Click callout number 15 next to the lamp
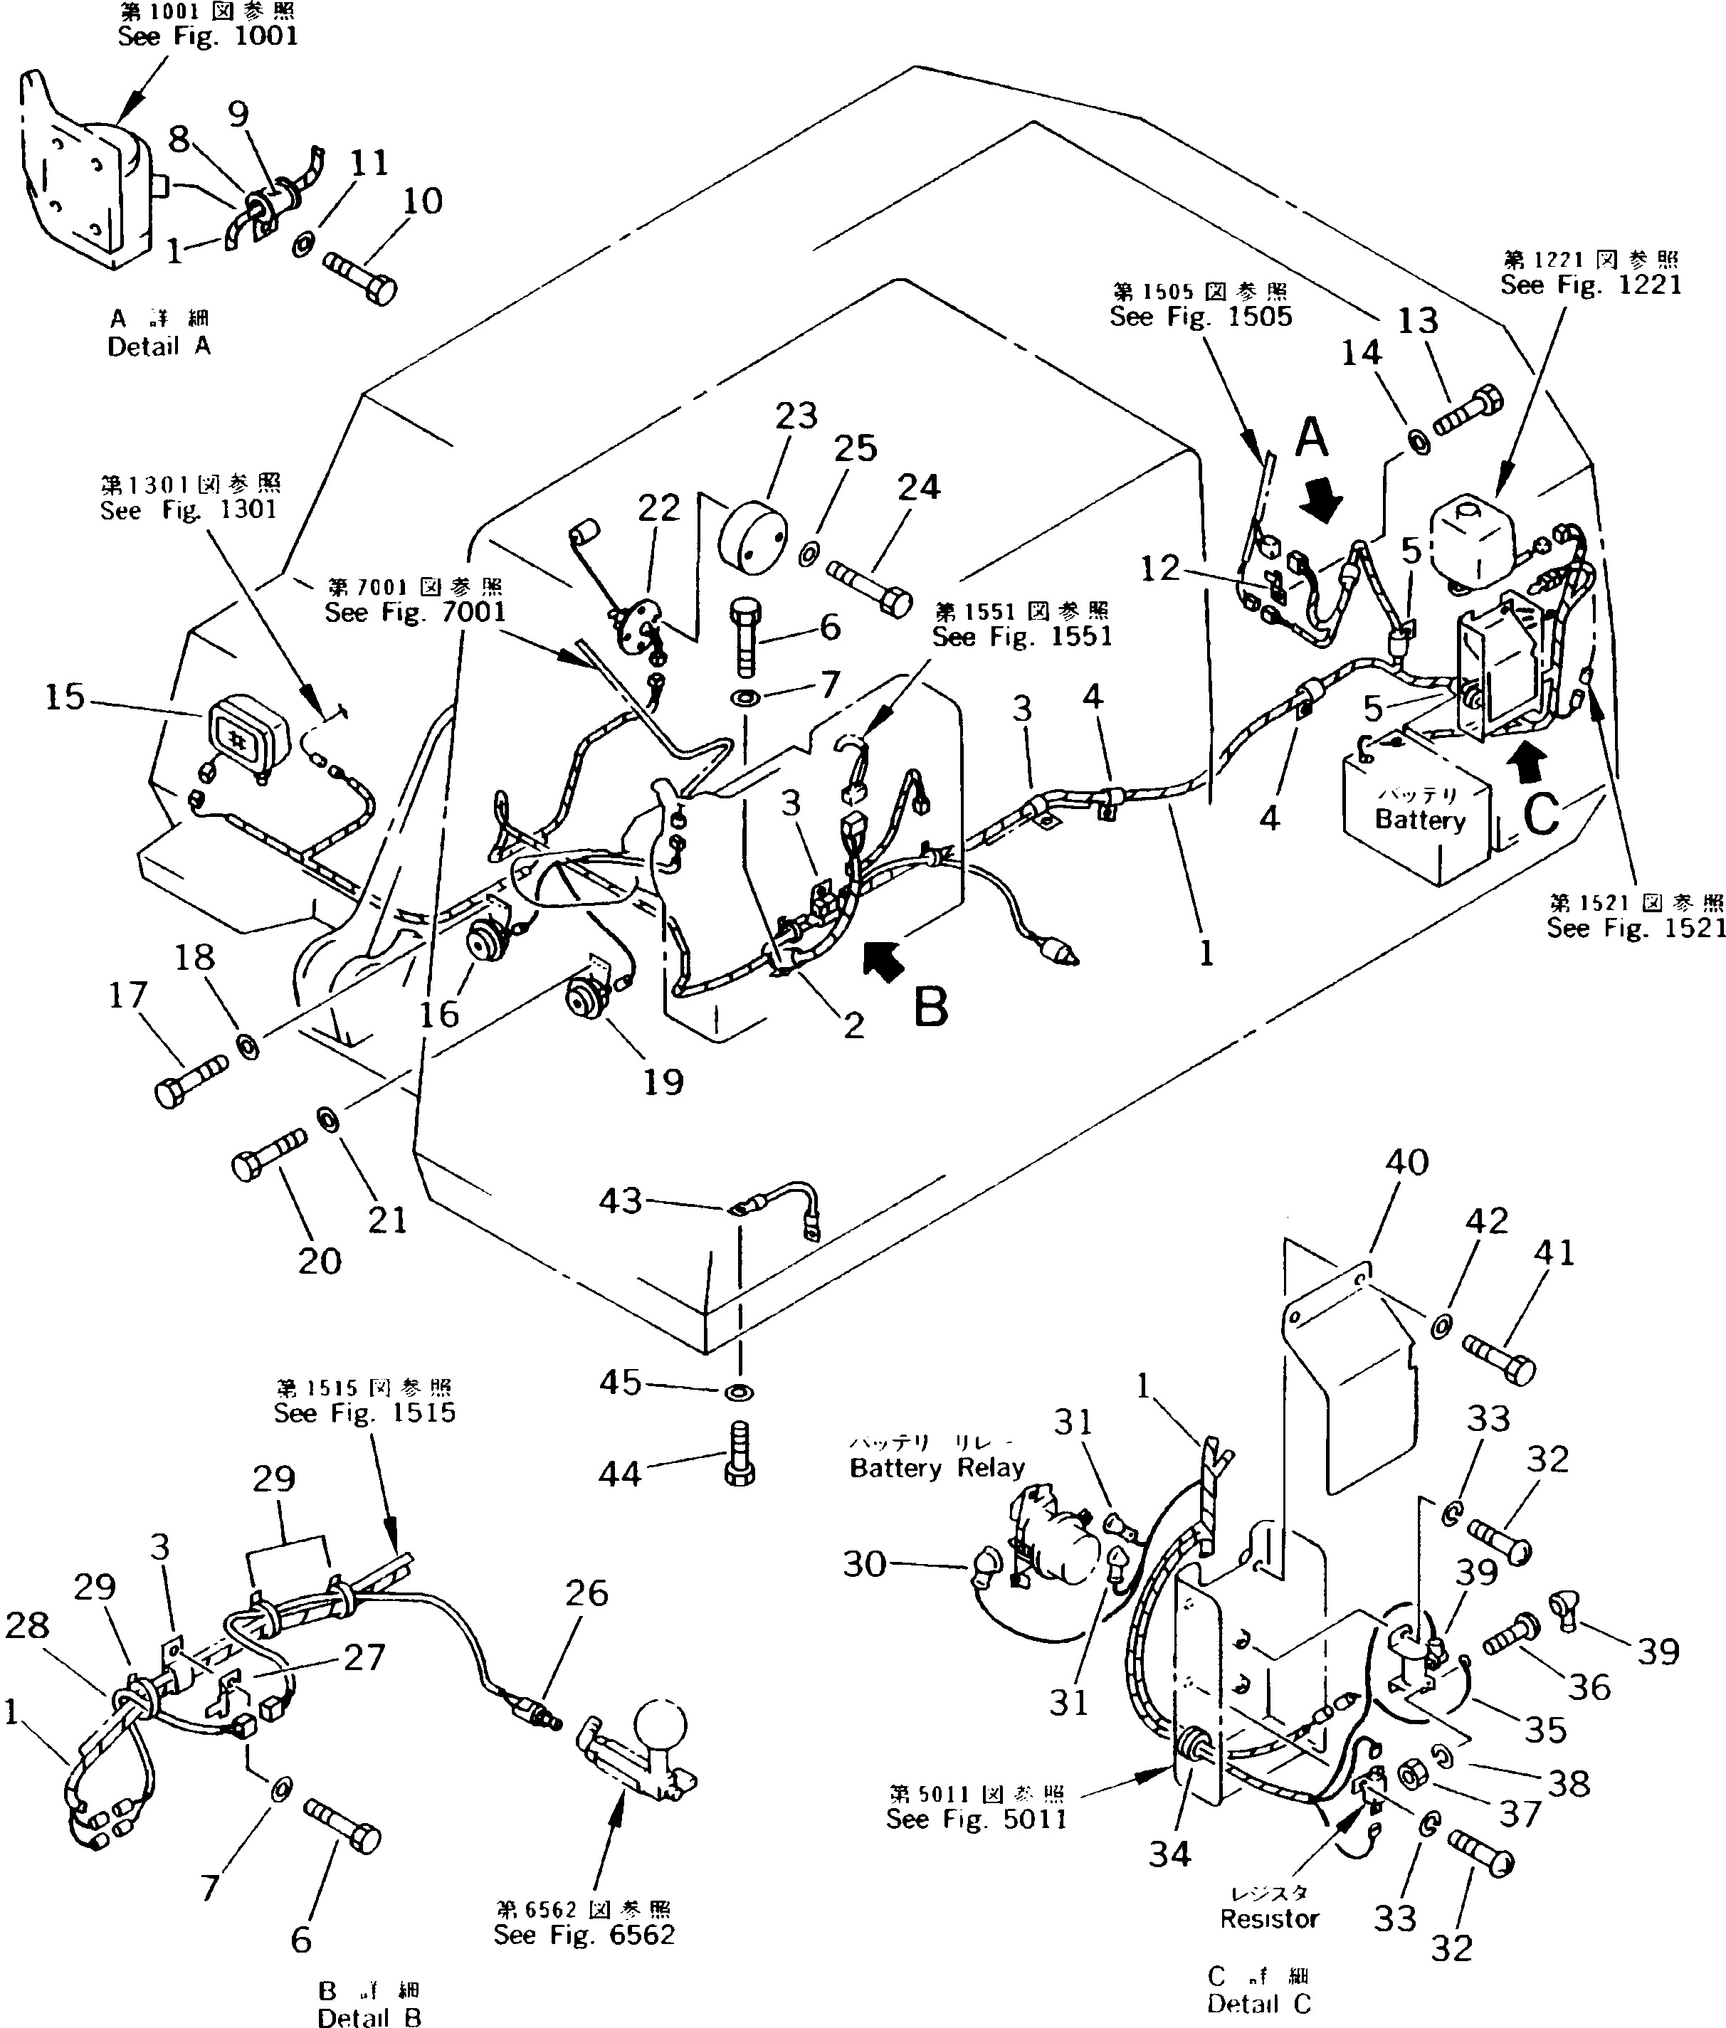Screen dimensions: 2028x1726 [65, 697]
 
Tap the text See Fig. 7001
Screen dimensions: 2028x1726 [415, 613]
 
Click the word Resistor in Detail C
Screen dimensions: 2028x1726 [1269, 1918]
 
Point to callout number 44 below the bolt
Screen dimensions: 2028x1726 [619, 1473]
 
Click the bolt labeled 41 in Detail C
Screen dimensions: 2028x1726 [1500, 1359]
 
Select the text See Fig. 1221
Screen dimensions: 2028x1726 [1591, 285]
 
